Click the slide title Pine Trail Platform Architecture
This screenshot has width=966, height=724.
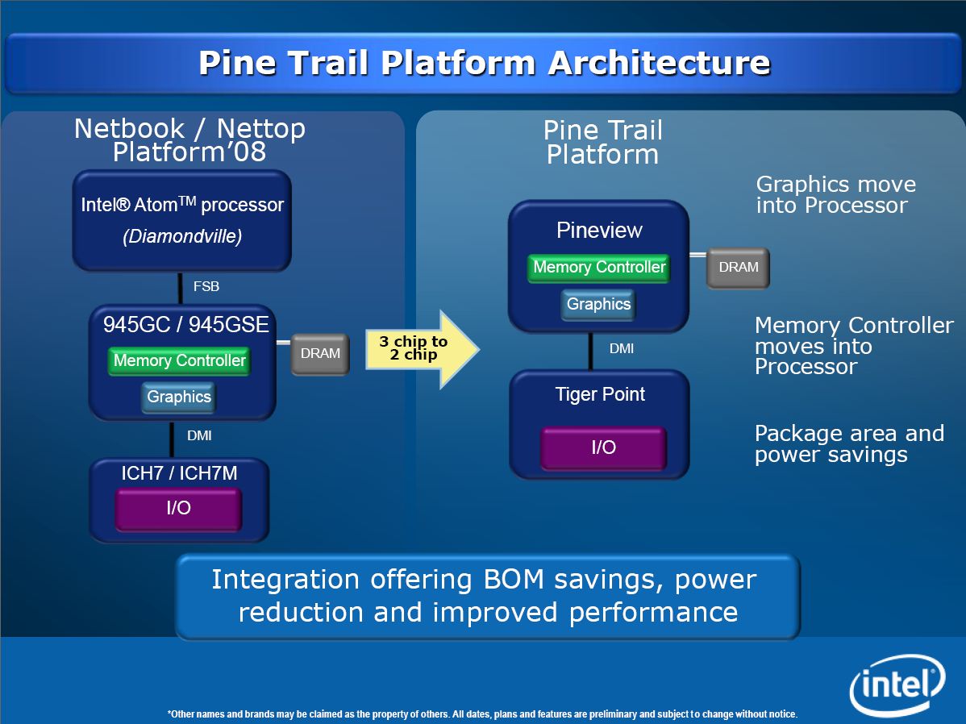pos(484,63)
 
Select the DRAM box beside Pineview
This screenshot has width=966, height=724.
pos(738,268)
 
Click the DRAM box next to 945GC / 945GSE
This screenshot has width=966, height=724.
pos(320,353)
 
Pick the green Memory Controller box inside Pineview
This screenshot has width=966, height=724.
pos(599,268)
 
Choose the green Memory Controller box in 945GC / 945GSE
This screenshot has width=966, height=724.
pos(179,360)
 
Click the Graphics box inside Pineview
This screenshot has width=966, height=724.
pos(598,304)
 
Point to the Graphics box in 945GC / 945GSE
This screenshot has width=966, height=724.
pos(178,397)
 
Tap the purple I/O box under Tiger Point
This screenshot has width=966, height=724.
pos(603,447)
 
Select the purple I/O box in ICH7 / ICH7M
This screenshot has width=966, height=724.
pos(178,508)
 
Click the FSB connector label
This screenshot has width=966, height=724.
pos(206,286)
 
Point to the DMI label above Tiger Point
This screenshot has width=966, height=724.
pos(621,349)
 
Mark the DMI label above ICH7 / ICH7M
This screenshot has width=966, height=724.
pos(199,436)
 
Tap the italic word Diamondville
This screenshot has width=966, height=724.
pos(182,237)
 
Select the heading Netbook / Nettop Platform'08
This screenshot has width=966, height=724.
pos(189,140)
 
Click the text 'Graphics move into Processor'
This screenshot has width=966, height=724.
pos(835,195)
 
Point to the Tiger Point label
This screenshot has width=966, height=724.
pos(600,395)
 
